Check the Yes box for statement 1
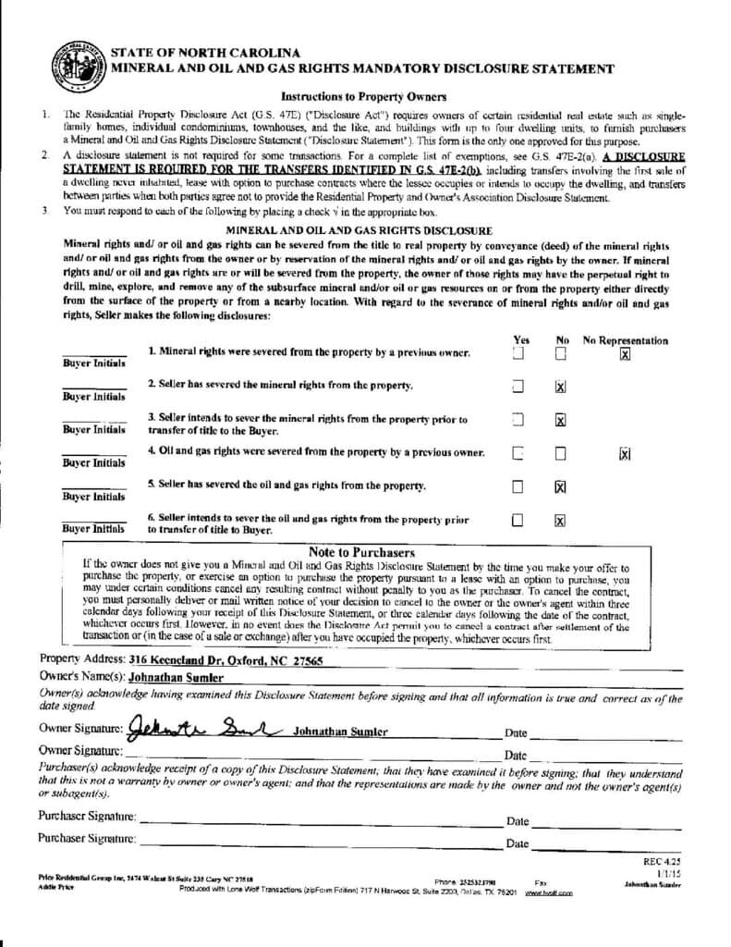coord(518,353)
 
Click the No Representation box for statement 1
coord(625,354)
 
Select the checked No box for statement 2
coord(560,387)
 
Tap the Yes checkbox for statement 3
coord(518,420)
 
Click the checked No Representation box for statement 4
coord(625,453)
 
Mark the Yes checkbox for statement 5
coord(518,486)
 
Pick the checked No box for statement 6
coord(560,520)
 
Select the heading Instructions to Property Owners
coord(363,96)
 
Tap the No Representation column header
coord(625,340)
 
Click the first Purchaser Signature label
coord(87,817)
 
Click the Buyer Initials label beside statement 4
coord(93,462)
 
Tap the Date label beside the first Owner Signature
coord(516,733)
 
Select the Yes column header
coord(520,340)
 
